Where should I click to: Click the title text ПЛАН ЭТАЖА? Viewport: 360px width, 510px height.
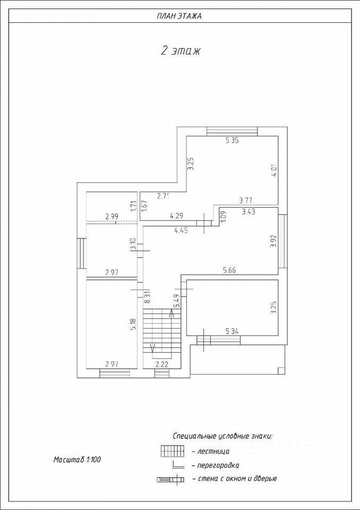point(179,16)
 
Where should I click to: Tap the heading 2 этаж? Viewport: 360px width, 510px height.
point(179,51)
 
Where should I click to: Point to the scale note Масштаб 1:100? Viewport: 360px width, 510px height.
point(77,459)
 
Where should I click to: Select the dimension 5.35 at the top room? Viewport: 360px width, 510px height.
point(233,141)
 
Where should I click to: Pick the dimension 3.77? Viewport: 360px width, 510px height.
point(245,200)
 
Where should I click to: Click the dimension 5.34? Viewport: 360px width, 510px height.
point(232,331)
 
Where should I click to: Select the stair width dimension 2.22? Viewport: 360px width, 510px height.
point(162,364)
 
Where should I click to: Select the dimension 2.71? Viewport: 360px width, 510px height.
point(163,197)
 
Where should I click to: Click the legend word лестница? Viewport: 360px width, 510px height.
point(213,452)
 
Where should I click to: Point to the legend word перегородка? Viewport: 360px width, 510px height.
point(218,465)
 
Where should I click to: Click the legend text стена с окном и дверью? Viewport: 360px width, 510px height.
point(237,479)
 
